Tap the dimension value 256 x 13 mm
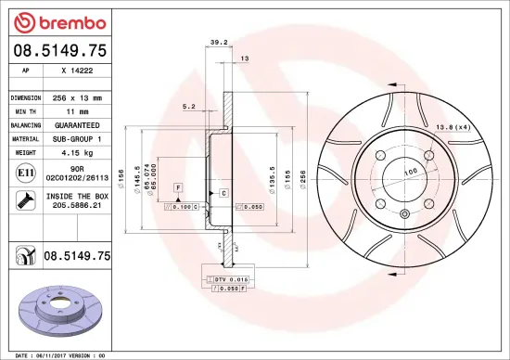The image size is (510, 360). point(77,97)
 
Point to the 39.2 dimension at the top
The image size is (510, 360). point(219,42)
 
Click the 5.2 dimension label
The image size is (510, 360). point(189,107)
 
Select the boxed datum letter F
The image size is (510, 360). point(177,187)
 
